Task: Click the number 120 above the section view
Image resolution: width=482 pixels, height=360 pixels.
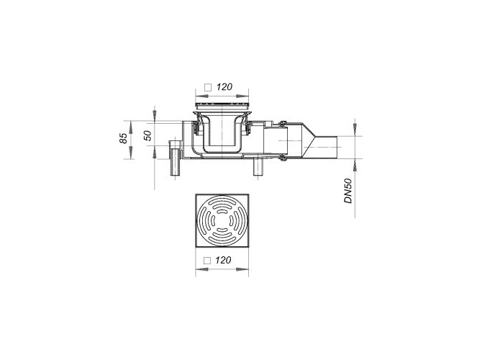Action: click(224, 87)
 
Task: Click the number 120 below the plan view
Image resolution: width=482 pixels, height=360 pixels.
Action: click(223, 261)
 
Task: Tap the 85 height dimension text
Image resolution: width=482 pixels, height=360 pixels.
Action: click(124, 138)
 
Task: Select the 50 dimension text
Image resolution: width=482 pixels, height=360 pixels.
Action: click(148, 135)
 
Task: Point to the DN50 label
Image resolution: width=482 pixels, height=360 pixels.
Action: click(348, 191)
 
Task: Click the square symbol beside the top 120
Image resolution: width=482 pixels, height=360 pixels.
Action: click(208, 88)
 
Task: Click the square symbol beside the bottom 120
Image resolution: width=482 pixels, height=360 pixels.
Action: click(207, 261)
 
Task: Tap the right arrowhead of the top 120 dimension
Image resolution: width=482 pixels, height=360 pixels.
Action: click(242, 96)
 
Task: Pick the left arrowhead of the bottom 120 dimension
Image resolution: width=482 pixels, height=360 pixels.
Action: click(201, 269)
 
